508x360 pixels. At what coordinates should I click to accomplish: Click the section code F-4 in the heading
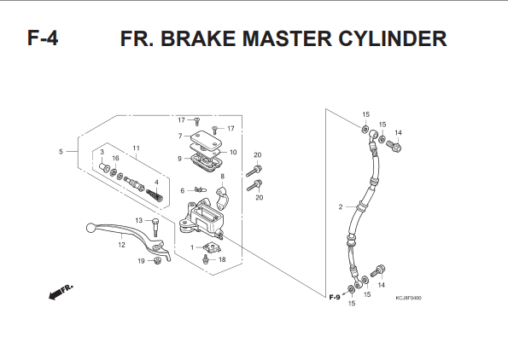tap(43, 38)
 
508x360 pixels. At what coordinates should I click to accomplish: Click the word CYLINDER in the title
tap(393, 38)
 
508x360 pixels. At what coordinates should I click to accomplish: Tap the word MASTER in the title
tap(288, 38)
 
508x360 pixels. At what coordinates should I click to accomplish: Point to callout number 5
tap(61, 152)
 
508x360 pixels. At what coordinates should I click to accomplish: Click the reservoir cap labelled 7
tap(206, 140)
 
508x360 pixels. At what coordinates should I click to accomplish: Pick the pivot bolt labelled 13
tap(155, 227)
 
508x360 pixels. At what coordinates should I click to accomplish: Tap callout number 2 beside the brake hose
tap(340, 206)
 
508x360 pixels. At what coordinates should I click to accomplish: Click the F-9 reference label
tap(335, 297)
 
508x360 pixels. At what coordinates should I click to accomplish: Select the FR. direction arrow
tap(61, 292)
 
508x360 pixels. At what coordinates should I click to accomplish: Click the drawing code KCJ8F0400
tap(408, 298)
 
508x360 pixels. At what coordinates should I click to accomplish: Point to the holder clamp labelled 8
tap(222, 198)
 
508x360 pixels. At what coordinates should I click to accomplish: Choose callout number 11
tap(136, 148)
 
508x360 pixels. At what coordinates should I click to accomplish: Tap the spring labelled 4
tap(155, 195)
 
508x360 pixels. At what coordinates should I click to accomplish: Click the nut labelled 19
tap(158, 260)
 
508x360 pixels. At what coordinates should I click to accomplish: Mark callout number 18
tap(222, 259)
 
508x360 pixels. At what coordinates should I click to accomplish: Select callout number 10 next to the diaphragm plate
tap(233, 152)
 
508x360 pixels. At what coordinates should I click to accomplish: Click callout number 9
tap(179, 159)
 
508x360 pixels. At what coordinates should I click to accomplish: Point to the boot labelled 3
tap(104, 169)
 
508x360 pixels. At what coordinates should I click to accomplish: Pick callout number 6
tap(183, 191)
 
